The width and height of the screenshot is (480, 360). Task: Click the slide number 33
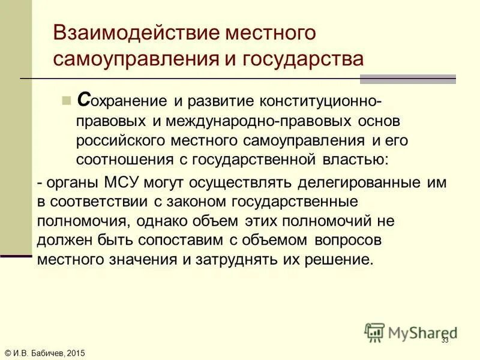pos(445,340)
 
